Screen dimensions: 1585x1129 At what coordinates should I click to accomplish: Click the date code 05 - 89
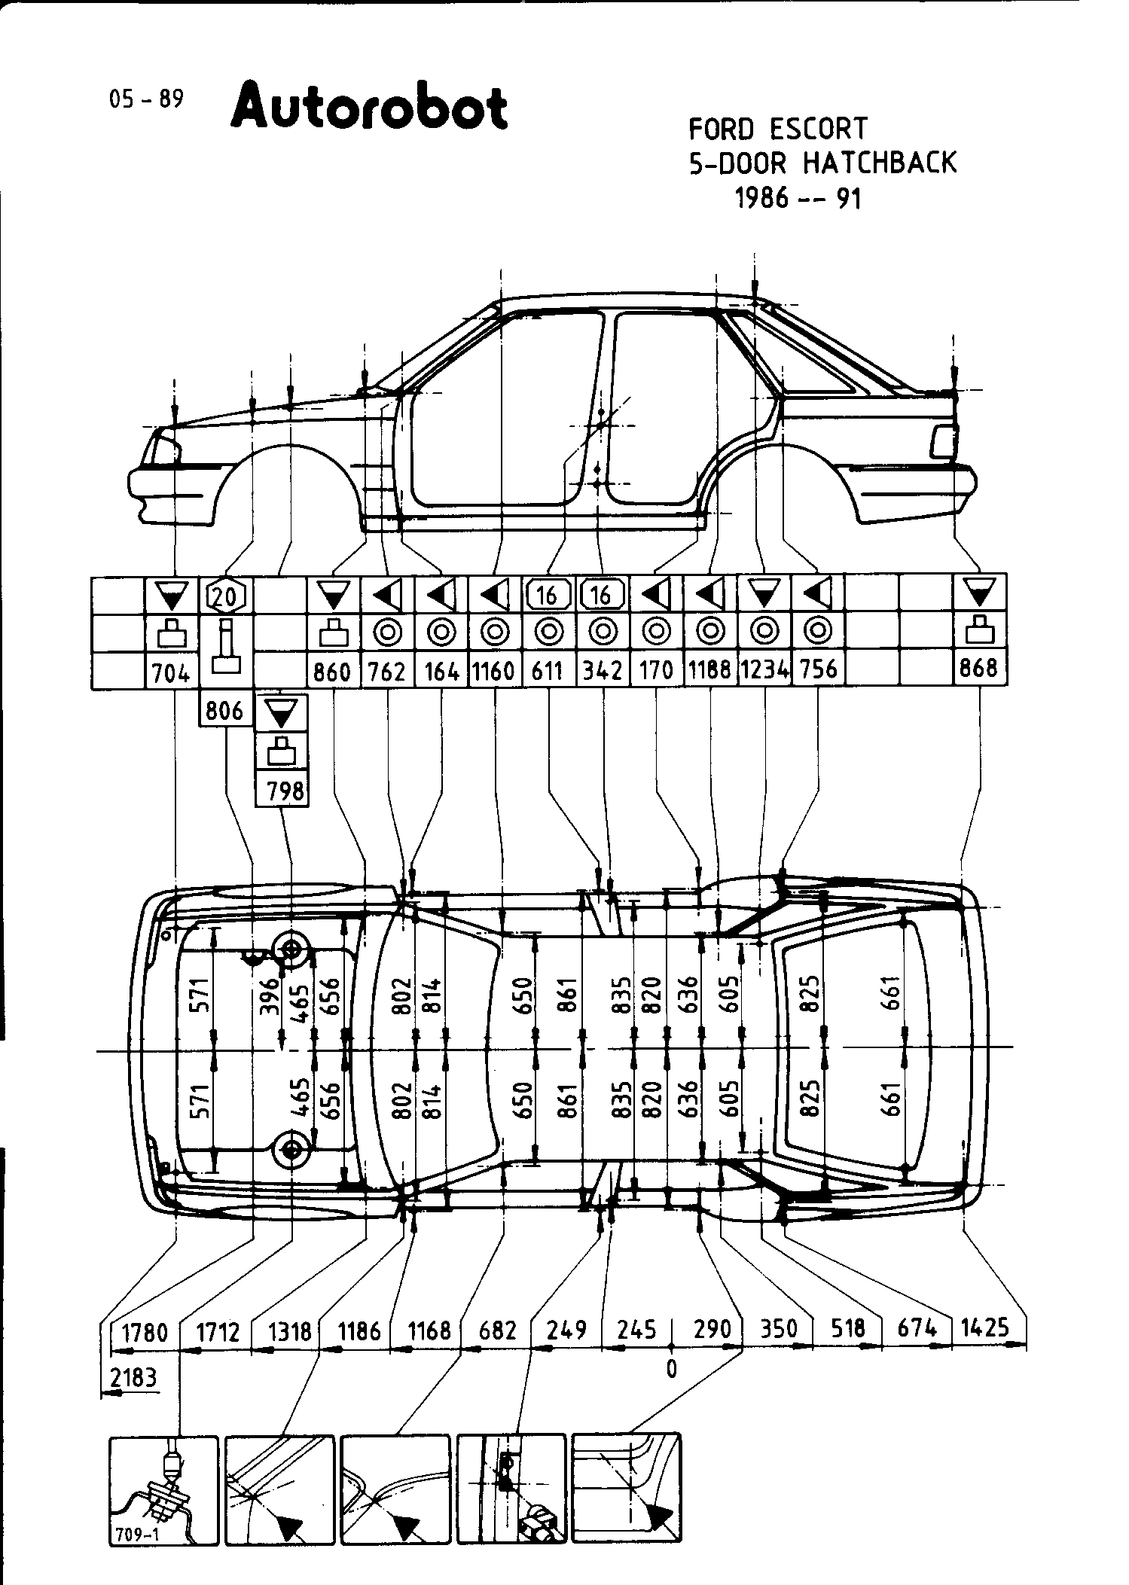146,99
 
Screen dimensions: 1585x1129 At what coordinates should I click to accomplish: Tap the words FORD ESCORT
778,129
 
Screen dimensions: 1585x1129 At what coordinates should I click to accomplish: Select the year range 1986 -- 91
798,198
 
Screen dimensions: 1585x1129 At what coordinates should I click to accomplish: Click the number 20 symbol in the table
224,596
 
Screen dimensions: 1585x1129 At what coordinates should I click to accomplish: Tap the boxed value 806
224,710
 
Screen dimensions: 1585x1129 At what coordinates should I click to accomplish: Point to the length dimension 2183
133,1378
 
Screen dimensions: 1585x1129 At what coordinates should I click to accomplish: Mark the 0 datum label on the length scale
672,1368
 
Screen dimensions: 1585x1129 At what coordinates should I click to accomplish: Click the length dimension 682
498,1330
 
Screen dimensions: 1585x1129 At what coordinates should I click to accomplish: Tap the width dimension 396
270,995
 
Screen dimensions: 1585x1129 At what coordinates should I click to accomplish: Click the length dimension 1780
145,1333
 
